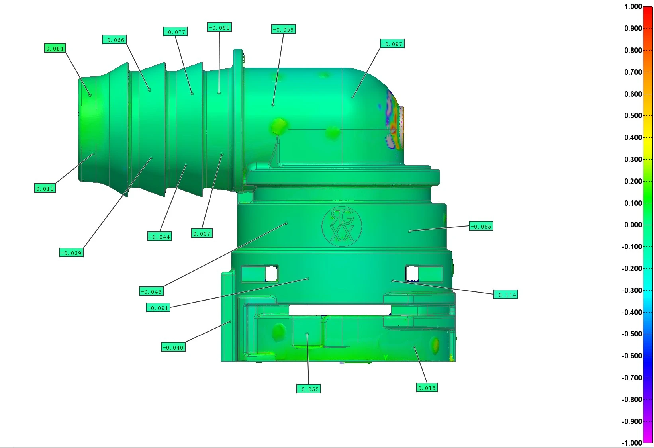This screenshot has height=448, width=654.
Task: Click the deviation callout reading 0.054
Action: pyautogui.click(x=55, y=48)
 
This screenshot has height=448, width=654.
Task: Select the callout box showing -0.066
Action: pyautogui.click(x=114, y=40)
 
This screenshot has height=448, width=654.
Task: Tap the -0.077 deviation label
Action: pyautogui.click(x=175, y=32)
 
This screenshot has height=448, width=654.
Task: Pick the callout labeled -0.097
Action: pyautogui.click(x=392, y=44)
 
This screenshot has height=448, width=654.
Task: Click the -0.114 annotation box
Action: pyautogui.click(x=506, y=295)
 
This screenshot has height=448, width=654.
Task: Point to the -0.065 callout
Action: pyautogui.click(x=481, y=226)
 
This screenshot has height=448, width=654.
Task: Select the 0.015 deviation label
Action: pyautogui.click(x=427, y=388)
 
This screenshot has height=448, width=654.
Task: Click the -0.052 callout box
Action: pyautogui.click(x=309, y=389)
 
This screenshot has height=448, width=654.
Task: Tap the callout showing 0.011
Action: pyautogui.click(x=45, y=188)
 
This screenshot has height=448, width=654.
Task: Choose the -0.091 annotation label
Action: pyautogui.click(x=158, y=308)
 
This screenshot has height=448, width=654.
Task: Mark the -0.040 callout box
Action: pyautogui.click(x=173, y=347)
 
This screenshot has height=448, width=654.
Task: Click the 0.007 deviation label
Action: pyautogui.click(x=202, y=233)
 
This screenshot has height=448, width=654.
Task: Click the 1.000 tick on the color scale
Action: pyautogui.click(x=633, y=7)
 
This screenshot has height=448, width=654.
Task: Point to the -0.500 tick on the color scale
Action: pyautogui.click(x=632, y=334)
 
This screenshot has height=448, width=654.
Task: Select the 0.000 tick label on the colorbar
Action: pyautogui.click(x=633, y=225)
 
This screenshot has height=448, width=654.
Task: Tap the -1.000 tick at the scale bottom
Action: pyautogui.click(x=632, y=443)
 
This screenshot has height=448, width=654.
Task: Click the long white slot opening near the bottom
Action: pyautogui.click(x=340, y=310)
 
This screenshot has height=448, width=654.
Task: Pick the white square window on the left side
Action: pyautogui.click(x=271, y=274)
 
